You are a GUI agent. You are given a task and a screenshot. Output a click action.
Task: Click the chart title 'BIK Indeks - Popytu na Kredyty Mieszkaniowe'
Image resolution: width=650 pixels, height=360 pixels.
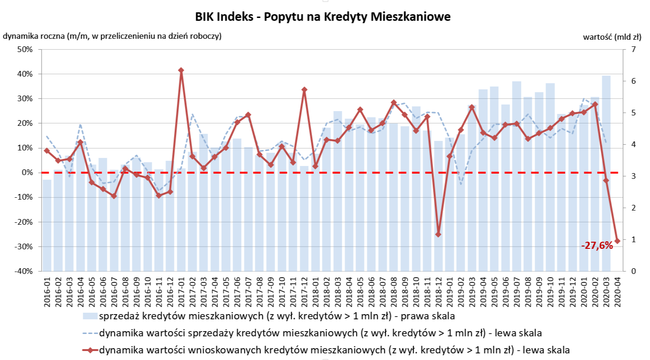pyautogui.click(x=323, y=17)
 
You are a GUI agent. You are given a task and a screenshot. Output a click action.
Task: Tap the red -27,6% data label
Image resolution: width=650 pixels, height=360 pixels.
pyautogui.click(x=597, y=245)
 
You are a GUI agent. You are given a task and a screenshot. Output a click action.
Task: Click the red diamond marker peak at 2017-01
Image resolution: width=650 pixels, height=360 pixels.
pyautogui.click(x=181, y=70)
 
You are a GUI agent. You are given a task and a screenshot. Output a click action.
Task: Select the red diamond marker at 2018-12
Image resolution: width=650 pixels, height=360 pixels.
pyautogui.click(x=438, y=234)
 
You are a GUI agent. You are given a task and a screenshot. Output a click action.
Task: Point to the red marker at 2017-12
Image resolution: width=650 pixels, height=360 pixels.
pyautogui.click(x=304, y=89)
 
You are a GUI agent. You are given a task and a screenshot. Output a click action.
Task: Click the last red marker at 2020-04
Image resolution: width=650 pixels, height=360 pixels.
pyautogui.click(x=617, y=241)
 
